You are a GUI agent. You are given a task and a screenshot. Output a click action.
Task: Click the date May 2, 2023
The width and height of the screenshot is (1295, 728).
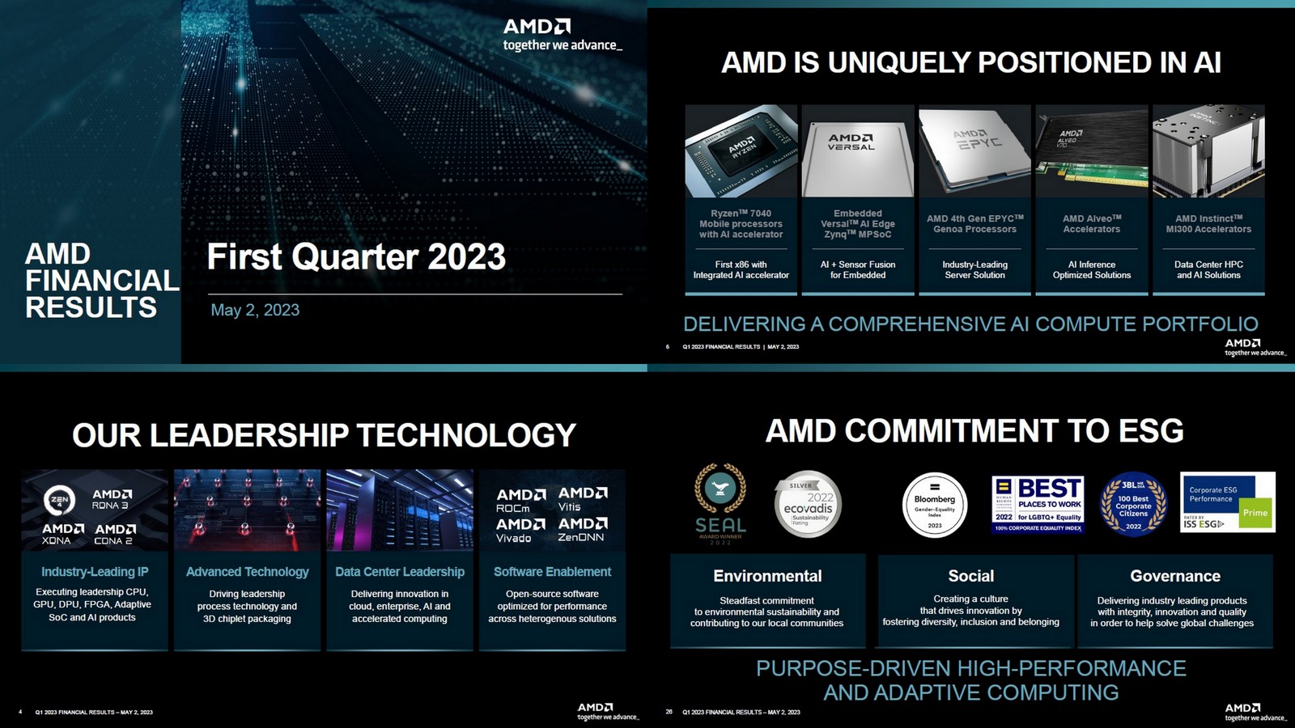tap(255, 310)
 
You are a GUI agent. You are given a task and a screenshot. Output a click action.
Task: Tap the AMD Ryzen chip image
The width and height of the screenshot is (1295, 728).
tap(741, 151)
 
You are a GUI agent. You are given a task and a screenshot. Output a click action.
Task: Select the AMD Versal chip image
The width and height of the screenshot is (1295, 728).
tap(858, 151)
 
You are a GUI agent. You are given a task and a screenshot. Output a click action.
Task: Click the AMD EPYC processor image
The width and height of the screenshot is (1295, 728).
tap(975, 151)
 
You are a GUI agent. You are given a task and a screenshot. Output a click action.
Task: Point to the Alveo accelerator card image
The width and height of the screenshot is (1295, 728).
tap(1092, 151)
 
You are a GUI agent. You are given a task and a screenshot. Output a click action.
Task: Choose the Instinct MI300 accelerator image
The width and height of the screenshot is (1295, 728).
tap(1208, 151)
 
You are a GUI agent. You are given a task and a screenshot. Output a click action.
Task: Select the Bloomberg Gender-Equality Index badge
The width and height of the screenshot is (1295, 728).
tap(935, 505)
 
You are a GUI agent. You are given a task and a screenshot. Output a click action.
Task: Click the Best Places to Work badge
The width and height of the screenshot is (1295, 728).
tap(1038, 504)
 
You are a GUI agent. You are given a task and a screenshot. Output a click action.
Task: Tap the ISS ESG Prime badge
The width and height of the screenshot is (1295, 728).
tap(1227, 502)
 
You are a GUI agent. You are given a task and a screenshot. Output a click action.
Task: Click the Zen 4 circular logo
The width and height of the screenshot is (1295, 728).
tap(60, 500)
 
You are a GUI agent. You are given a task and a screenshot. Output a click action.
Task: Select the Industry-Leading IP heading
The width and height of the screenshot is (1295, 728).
tap(95, 572)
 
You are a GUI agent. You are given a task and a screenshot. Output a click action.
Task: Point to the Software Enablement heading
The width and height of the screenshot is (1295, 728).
tap(552, 572)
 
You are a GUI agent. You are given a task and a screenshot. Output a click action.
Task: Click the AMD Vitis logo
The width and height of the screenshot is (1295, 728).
tap(583, 498)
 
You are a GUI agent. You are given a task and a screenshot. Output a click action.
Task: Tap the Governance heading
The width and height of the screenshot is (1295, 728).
tap(1175, 576)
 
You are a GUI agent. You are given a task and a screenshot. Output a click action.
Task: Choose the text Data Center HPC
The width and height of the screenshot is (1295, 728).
tap(1208, 265)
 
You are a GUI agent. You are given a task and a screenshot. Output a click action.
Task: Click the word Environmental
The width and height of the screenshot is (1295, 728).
tap(767, 576)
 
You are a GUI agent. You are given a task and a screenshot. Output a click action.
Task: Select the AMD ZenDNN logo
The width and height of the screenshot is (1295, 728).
tap(583, 530)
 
